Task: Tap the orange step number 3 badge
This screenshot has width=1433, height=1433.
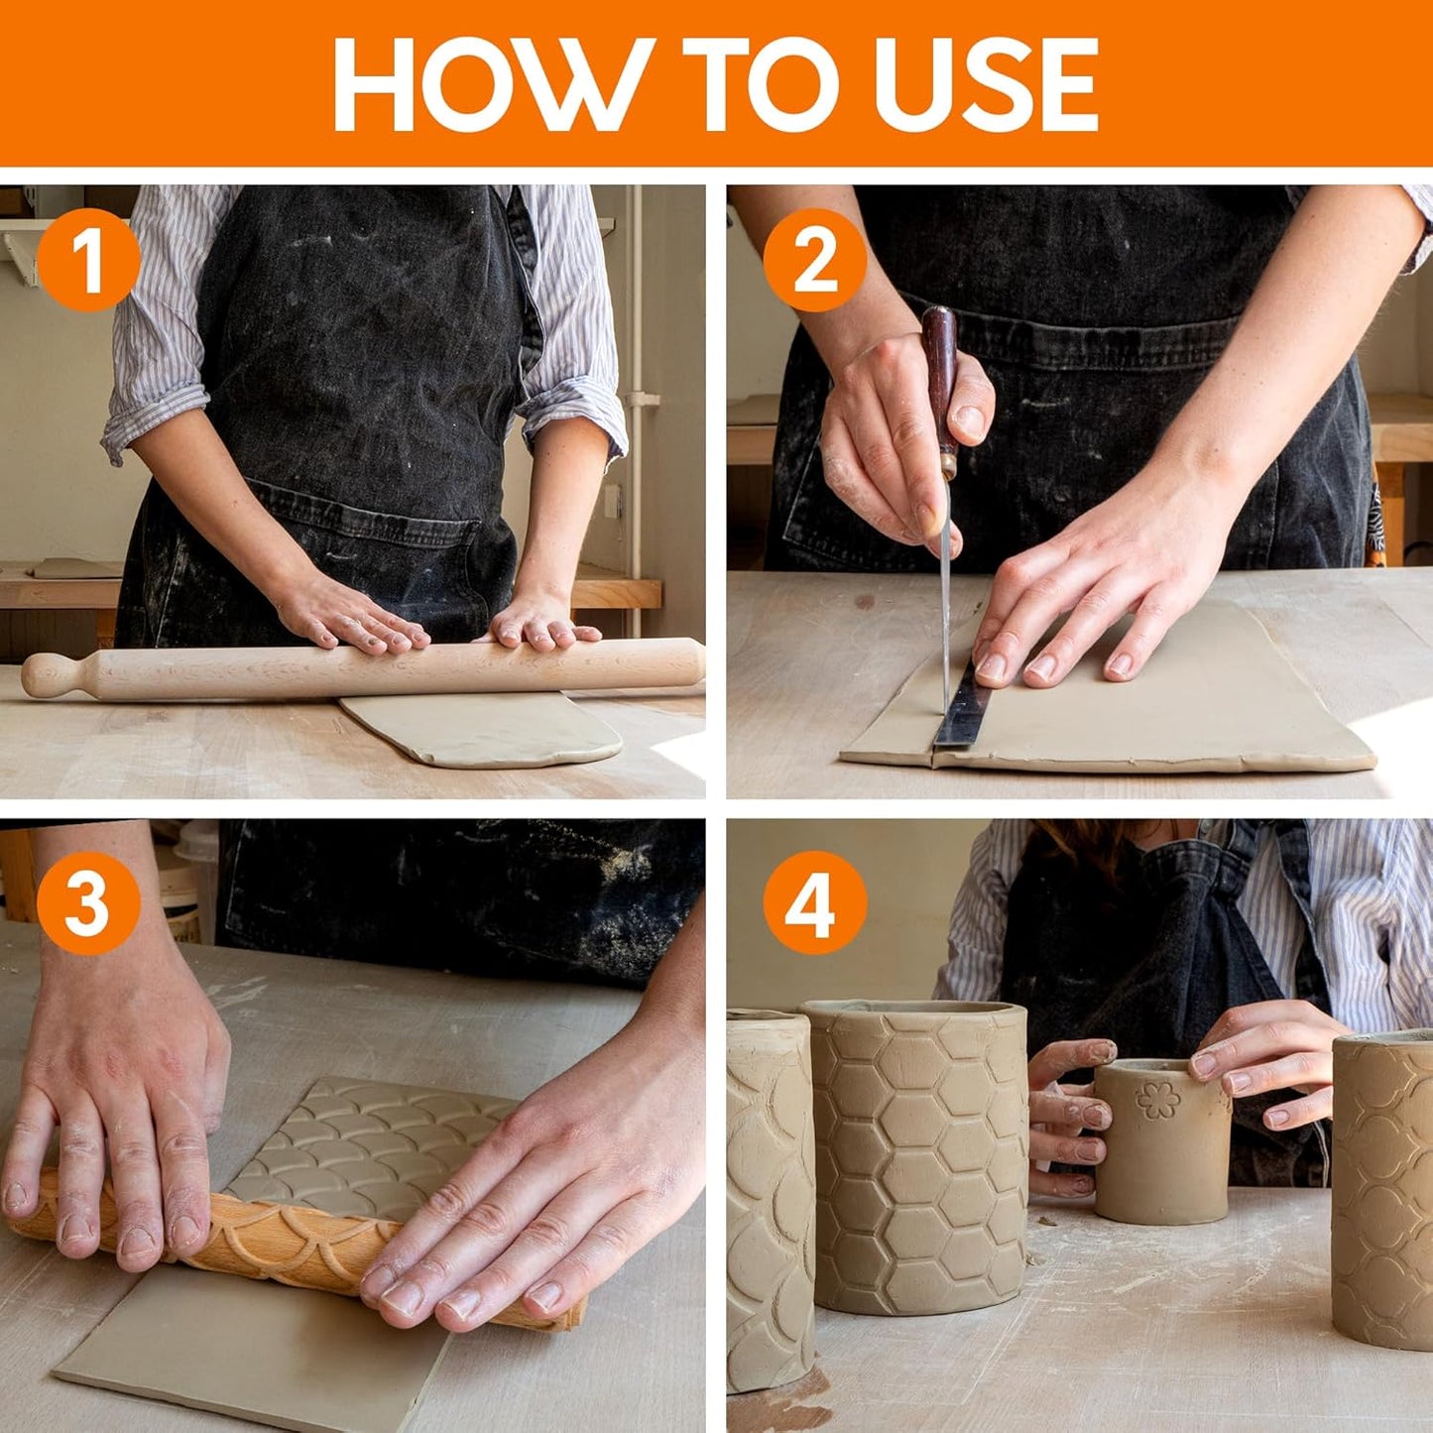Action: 88,903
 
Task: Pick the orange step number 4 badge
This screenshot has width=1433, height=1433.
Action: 815,903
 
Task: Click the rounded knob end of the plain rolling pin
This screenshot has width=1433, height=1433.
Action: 45,674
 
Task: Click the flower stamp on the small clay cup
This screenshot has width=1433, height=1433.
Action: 1157,1100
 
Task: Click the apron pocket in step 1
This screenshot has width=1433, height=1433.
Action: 377,555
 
